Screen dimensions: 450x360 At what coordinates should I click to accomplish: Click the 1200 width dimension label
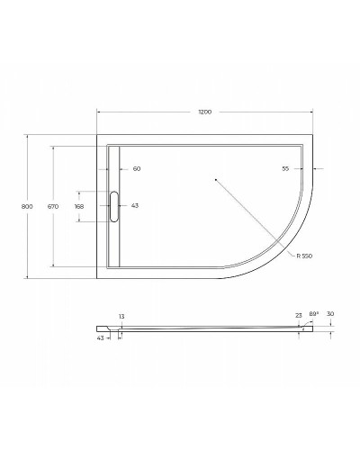205,112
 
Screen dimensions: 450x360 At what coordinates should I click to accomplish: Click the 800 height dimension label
27,206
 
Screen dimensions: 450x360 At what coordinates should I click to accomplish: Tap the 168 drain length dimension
79,206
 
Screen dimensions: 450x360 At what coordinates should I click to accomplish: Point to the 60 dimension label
137,168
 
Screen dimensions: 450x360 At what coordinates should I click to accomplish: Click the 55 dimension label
285,168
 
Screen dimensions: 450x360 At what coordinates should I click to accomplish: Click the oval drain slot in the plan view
113,206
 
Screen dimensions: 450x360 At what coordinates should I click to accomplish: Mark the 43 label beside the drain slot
135,206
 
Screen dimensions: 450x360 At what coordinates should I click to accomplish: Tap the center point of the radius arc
215,180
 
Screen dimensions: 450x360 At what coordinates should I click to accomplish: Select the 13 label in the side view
120,316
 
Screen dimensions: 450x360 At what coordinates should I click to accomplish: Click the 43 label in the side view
101,337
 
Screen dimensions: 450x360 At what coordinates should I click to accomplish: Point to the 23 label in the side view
298,316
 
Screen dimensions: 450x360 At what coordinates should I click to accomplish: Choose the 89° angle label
313,314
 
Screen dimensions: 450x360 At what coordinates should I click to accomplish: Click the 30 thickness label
331,314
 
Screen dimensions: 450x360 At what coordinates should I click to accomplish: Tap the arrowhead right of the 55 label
315,168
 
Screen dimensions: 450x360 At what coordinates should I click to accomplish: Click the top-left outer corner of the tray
97,136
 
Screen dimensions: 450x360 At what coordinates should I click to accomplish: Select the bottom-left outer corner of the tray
97,277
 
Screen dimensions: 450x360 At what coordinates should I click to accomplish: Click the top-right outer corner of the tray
312,136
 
